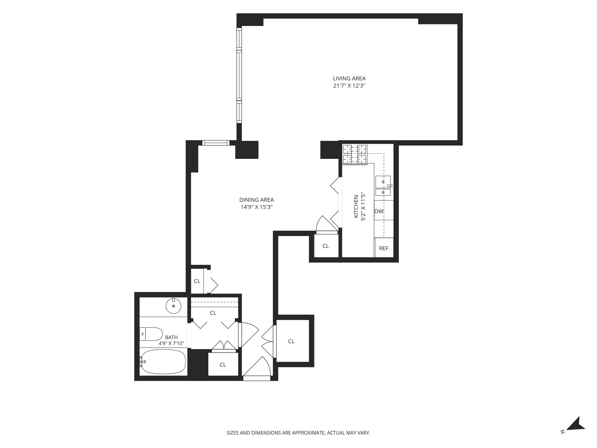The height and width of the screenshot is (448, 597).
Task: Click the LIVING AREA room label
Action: (x=349, y=79)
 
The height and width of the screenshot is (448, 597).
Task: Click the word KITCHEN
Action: (x=356, y=206)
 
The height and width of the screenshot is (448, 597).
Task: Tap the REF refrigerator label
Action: (x=384, y=248)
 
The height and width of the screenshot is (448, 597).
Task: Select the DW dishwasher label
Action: (x=379, y=211)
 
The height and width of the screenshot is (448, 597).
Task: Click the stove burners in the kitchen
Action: (x=355, y=154)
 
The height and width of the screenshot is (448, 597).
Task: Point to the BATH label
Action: (x=171, y=337)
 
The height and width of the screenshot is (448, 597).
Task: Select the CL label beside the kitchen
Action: (x=326, y=246)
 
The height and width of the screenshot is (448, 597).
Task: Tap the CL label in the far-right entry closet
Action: (x=291, y=341)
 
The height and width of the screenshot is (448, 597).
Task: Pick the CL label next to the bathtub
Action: (x=223, y=365)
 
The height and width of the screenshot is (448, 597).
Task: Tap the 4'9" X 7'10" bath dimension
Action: (x=171, y=343)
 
